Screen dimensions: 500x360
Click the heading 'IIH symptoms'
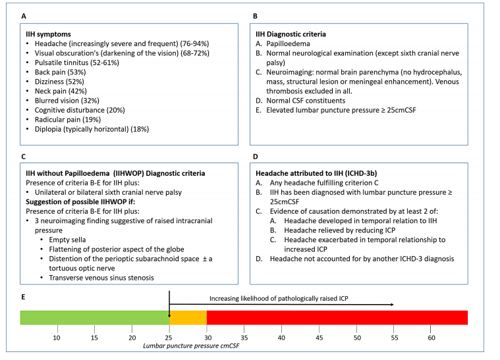(x=48, y=34)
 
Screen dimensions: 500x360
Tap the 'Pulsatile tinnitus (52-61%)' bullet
(x=77, y=63)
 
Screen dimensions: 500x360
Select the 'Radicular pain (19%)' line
(x=68, y=120)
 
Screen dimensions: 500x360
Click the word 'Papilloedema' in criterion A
(x=289, y=43)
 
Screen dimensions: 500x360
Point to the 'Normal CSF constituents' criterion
(x=306, y=101)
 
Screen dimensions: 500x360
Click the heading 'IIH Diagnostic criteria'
(x=291, y=34)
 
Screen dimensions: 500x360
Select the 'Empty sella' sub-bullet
(x=67, y=240)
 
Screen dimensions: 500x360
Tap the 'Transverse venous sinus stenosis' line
(x=101, y=278)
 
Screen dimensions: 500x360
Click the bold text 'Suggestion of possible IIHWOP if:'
(x=80, y=202)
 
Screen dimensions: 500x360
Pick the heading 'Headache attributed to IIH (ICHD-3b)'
(x=316, y=174)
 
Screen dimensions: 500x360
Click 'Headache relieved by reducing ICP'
(x=340, y=230)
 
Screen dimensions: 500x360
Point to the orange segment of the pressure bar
(x=188, y=318)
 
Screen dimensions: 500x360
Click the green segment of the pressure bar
(x=95, y=318)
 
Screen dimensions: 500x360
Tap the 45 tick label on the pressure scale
(x=319, y=338)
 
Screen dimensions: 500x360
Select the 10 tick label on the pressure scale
(x=57, y=338)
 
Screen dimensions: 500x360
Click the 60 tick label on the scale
(x=431, y=338)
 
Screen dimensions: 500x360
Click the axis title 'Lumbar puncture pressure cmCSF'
(x=191, y=346)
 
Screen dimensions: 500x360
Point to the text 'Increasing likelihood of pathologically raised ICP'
(x=279, y=299)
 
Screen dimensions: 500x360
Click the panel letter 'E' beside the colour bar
(x=23, y=297)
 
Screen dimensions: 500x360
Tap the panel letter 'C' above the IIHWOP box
(x=23, y=157)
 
